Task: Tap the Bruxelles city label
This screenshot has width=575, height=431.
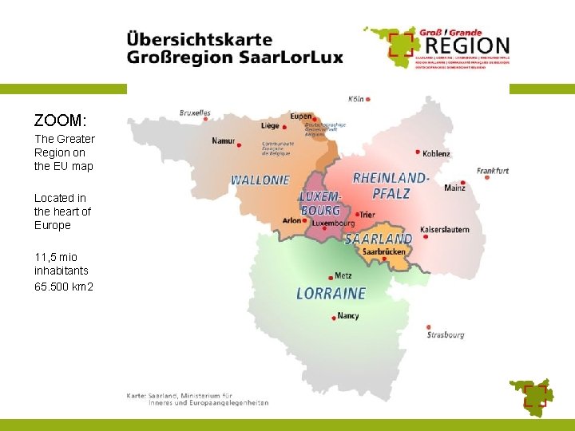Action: pos(195,113)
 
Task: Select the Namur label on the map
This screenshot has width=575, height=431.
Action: pos(224,141)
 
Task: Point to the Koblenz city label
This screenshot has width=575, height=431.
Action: pos(436,153)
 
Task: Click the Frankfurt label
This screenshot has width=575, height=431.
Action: pos(493,170)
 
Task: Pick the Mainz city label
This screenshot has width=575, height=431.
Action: pos(455,188)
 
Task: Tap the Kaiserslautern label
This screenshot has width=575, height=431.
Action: pos(444,230)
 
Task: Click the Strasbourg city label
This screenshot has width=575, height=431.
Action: pos(445,335)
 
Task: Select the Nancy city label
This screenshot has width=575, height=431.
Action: pos(348,316)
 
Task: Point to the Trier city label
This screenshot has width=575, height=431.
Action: pos(367,215)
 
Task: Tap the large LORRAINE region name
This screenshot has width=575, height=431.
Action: pos(331,294)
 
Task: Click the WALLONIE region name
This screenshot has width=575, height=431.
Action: pos(260,180)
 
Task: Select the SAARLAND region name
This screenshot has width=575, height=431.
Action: pos(379,239)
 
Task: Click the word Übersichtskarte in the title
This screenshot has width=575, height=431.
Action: pos(199,39)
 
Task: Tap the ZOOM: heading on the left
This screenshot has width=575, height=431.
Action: pos(60,121)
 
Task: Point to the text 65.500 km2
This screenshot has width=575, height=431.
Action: pos(64,286)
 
